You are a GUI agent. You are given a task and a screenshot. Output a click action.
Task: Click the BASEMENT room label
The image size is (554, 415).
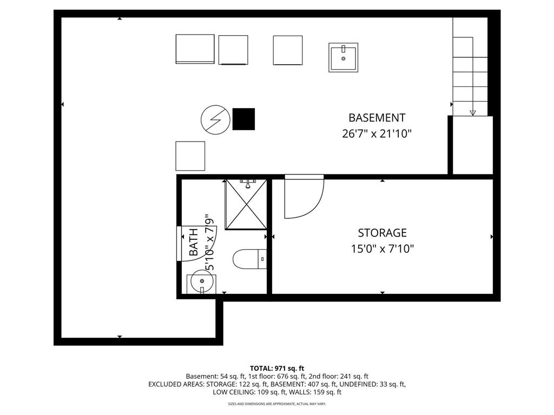377,118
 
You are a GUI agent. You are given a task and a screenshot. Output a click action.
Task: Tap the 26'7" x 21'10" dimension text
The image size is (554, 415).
377,134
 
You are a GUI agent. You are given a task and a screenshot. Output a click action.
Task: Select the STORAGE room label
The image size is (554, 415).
382,233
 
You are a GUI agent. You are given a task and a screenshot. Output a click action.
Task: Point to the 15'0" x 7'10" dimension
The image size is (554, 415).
382,249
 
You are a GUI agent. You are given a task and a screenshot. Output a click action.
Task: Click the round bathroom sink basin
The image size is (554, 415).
201,281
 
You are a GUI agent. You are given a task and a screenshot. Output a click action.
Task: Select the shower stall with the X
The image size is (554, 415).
246,204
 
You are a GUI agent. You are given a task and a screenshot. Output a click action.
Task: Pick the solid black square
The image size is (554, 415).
243,119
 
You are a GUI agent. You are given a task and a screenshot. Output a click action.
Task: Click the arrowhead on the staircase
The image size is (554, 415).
473,112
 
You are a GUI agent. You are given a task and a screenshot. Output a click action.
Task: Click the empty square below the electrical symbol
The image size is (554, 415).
190,156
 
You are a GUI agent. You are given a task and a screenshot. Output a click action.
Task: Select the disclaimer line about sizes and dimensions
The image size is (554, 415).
277,404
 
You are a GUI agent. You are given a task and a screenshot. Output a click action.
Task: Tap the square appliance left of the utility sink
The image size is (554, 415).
288,50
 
